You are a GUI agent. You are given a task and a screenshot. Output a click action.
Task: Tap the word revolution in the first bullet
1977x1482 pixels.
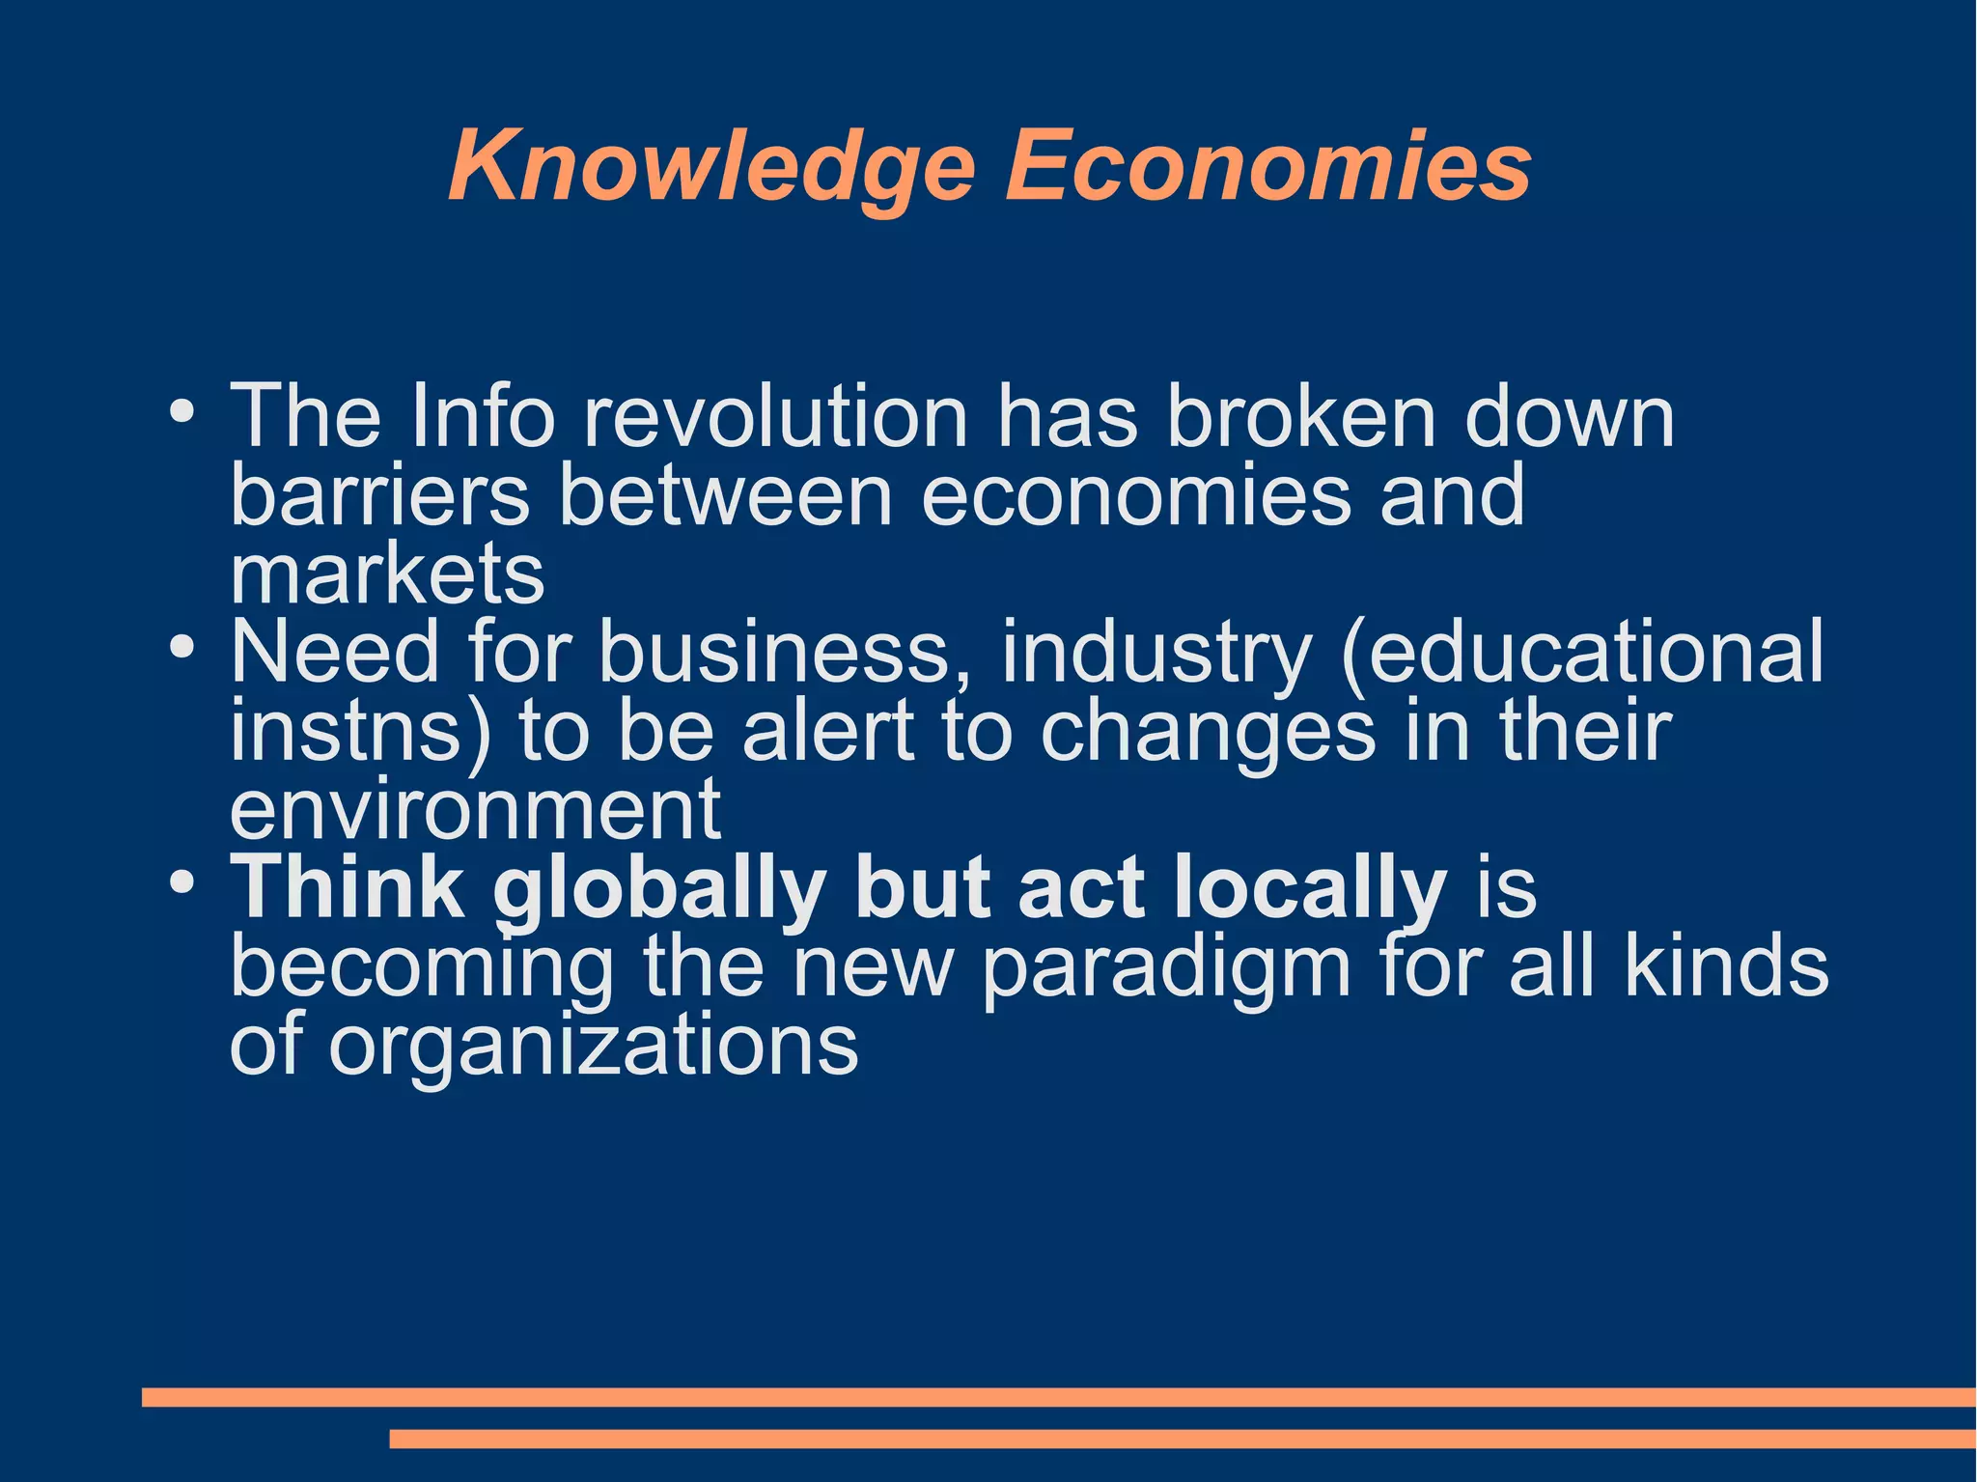[x=775, y=417]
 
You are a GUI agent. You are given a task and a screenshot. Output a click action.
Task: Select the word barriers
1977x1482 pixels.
[x=379, y=495]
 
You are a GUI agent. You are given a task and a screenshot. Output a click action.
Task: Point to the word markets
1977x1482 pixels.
[x=387, y=573]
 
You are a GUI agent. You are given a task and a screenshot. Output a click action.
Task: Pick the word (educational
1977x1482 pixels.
[x=1582, y=652]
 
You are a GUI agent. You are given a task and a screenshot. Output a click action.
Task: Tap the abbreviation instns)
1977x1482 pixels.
[x=360, y=731]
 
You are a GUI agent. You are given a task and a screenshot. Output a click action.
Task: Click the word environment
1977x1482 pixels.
[x=475, y=809]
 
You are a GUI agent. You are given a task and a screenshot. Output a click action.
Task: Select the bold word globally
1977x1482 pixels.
[x=658, y=888]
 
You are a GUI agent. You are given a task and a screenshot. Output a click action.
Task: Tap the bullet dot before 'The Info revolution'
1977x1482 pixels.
[x=181, y=411]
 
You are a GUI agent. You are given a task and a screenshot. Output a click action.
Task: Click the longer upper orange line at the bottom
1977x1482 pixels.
[x=1058, y=1397]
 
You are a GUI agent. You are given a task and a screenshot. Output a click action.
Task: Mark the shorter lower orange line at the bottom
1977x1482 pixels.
[x=1183, y=1439]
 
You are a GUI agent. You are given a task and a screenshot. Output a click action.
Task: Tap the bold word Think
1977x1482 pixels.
[x=347, y=888]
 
